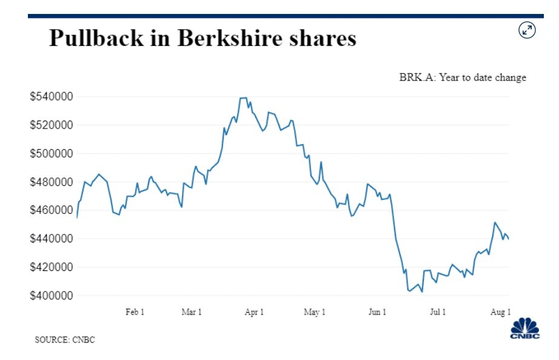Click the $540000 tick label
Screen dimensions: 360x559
point(52,97)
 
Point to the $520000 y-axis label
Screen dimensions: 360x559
point(52,125)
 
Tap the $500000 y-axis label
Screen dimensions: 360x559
point(52,154)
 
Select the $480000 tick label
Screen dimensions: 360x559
point(52,182)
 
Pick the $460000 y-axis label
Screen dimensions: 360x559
point(52,211)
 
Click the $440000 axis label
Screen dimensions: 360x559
point(52,239)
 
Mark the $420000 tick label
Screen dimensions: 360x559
point(52,268)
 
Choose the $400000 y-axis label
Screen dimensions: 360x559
point(52,296)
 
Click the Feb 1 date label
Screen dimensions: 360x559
point(135,312)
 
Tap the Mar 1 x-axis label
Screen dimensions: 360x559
point(192,312)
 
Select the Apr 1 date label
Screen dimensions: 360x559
point(254,312)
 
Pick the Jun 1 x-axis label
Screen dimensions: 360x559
point(377,312)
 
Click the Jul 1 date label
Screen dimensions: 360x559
point(438,312)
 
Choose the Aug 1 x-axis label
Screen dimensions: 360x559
point(500,312)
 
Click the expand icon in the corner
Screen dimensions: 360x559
point(527,30)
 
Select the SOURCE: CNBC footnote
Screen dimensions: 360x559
point(65,340)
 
